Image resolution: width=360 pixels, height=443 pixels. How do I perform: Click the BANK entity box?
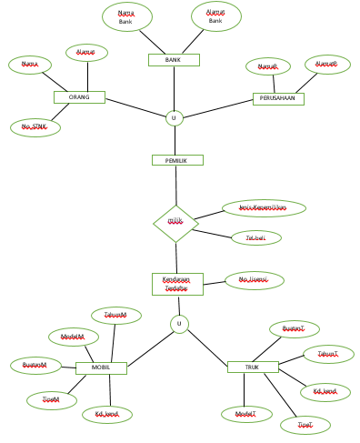(174, 60)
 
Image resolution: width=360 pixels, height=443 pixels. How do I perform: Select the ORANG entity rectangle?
(79, 97)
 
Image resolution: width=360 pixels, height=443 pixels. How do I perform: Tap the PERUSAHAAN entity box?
(278, 98)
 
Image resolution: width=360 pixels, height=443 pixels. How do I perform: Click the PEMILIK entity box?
(176, 160)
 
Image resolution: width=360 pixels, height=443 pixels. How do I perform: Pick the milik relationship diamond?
(175, 223)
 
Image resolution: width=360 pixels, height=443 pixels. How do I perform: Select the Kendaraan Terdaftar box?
(177, 284)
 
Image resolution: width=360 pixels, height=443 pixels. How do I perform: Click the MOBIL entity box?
(101, 367)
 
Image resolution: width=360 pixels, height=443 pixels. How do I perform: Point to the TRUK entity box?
(253, 367)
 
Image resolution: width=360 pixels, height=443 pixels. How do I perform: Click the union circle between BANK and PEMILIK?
(175, 118)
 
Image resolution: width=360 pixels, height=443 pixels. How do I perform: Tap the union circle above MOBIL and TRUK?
(179, 324)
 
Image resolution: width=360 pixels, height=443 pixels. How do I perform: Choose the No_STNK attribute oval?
(35, 127)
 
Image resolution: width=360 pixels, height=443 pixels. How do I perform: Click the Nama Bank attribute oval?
(126, 16)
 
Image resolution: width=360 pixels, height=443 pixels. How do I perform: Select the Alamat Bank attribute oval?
(216, 15)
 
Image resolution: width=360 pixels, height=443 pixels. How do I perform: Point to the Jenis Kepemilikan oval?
(264, 208)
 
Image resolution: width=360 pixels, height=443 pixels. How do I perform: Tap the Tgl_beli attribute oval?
(256, 238)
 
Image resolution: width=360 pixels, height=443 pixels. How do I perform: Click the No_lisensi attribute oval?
(255, 281)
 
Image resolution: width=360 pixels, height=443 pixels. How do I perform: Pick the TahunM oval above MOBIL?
(116, 316)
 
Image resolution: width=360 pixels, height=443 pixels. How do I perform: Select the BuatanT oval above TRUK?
(294, 329)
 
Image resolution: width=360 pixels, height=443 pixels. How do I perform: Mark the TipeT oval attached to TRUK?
(305, 425)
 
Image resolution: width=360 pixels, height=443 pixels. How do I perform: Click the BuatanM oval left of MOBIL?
(35, 366)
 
